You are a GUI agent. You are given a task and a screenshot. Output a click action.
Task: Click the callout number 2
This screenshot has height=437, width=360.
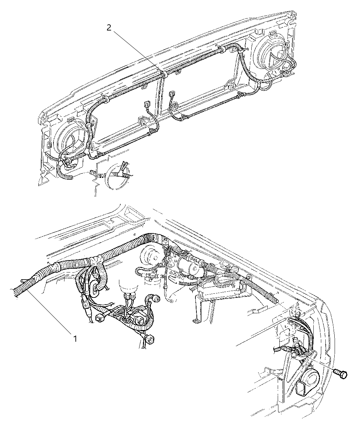pos(109,28)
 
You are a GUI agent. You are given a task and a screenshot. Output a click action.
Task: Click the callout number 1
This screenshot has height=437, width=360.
pos(74,339)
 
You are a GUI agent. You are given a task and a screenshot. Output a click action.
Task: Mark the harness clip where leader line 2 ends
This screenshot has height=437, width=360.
pos(163,74)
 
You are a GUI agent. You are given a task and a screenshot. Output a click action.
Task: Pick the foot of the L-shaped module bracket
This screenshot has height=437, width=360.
pos(196,321)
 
